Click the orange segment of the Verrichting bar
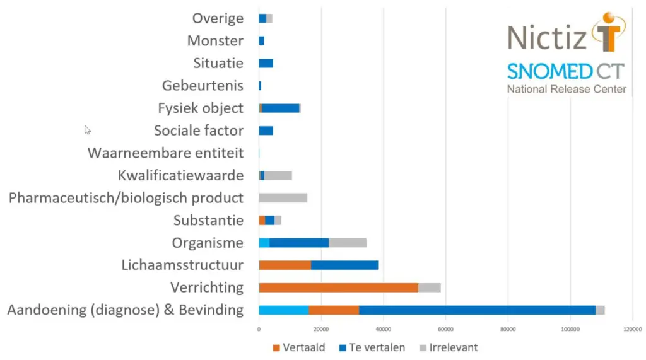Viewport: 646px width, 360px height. [x=338, y=287]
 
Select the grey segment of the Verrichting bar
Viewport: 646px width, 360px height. [x=429, y=287]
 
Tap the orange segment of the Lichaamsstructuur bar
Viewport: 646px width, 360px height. [x=285, y=265]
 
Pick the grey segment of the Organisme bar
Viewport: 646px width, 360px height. [x=348, y=243]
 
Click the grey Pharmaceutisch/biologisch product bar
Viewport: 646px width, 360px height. [x=283, y=198]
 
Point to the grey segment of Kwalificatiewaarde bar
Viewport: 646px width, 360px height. [x=278, y=175]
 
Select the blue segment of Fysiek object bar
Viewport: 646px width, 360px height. [x=280, y=108]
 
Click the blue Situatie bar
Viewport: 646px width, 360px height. [x=266, y=63]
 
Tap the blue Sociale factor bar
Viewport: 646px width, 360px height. [x=266, y=131]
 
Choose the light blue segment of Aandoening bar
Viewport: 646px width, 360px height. [x=283, y=310]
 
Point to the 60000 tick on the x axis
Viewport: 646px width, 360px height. [x=445, y=329]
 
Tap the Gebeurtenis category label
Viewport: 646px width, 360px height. [x=203, y=86]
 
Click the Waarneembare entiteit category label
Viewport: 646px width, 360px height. [x=165, y=153]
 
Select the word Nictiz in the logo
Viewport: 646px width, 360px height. [x=547, y=38]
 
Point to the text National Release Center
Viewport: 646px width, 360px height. [x=567, y=89]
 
